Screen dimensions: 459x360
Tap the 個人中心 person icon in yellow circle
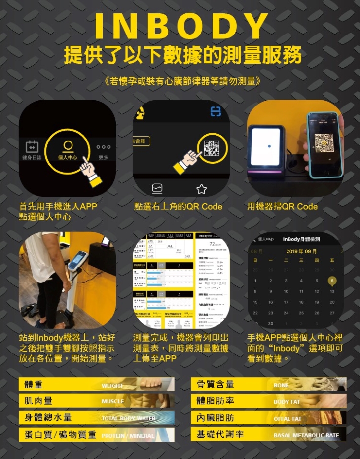[x=68, y=148]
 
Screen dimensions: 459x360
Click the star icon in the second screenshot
[x=201, y=189]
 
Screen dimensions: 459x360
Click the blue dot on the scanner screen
[x=268, y=146]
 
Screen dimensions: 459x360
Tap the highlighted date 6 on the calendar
[x=332, y=281]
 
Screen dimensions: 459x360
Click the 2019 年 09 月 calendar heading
[x=301, y=252]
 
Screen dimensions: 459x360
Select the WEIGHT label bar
[x=112, y=385]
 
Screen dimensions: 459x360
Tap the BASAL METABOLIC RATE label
[x=306, y=435]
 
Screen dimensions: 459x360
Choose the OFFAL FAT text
[x=287, y=419]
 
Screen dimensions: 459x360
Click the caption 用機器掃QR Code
[x=282, y=207]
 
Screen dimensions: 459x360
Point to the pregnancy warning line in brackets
[x=180, y=80]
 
